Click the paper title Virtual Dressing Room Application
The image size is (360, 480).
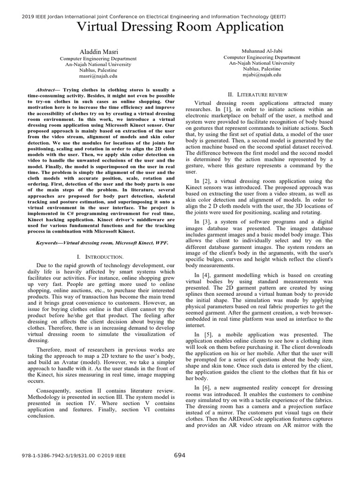coord(180,27)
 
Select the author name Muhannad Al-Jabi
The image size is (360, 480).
coord(262,50)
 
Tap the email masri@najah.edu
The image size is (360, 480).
coord(98,75)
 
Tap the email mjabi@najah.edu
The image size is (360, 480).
coord(262,74)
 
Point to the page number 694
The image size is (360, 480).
coord(180,455)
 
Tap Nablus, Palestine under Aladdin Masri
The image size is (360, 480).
coord(97,69)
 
